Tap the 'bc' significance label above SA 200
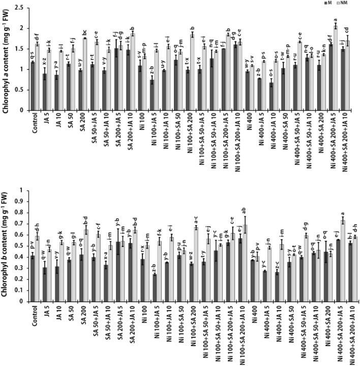point(85,33)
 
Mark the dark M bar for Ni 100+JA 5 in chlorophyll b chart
point(155,288)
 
